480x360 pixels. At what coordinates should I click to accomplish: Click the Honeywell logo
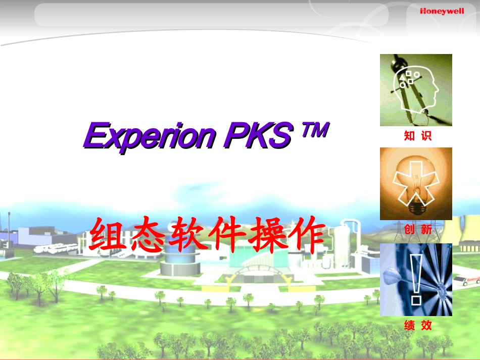pos(442,11)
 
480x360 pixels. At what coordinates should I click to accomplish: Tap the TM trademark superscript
pos(315,131)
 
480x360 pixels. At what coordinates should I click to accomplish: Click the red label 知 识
pos(417,136)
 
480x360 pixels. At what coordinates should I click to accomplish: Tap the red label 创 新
pos(417,229)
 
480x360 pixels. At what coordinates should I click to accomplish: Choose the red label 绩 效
pos(417,326)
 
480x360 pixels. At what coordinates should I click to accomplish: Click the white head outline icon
pos(416,91)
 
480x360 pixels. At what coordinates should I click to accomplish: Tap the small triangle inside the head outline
pos(404,79)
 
